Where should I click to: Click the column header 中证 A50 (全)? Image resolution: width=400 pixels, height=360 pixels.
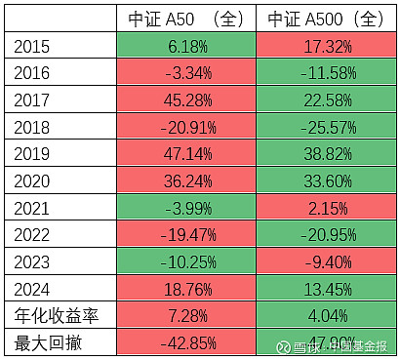point(186,19)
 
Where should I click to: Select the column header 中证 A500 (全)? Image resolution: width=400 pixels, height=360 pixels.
point(326,19)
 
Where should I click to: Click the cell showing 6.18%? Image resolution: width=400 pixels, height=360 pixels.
point(186,45)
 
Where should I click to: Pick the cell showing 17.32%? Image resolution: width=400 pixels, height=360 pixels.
point(326,45)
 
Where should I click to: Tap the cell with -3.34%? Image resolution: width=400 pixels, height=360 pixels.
point(186,72)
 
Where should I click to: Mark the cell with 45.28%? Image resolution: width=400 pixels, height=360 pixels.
point(186,100)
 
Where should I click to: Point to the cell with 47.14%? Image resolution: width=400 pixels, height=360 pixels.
point(186,153)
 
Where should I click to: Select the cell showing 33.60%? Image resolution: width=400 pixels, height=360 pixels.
point(326,180)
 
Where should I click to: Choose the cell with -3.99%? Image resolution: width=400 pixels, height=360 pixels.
point(186,208)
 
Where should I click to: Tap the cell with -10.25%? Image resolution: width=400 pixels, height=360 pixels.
point(186,261)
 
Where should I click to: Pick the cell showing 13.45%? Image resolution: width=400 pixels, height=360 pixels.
point(326,289)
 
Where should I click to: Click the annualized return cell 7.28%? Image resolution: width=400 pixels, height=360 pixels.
point(186,316)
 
